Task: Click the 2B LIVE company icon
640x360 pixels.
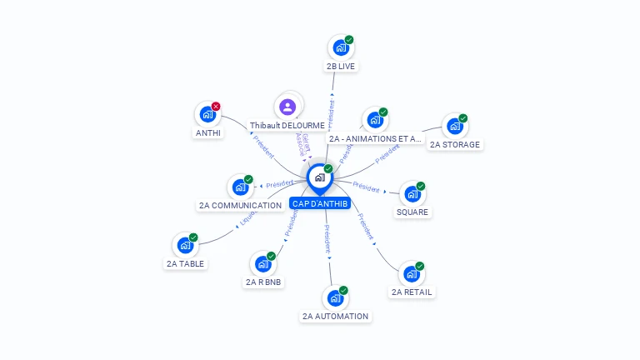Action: tap(340, 47)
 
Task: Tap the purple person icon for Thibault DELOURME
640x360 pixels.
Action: tap(287, 107)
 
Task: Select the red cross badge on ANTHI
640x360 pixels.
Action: tap(216, 107)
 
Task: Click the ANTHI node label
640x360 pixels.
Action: tap(208, 132)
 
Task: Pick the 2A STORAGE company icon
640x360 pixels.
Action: tap(454, 127)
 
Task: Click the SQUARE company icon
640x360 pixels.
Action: tap(412, 194)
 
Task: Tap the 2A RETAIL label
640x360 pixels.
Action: tap(412, 292)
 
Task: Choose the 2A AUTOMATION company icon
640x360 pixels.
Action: tap(335, 298)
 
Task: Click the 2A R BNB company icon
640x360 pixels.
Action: tap(262, 264)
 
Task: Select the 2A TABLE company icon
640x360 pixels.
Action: tap(184, 246)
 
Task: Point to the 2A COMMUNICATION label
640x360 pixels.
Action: tap(240, 205)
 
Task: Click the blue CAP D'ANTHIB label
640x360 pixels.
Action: tap(320, 203)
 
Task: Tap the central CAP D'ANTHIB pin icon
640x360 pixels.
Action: tap(319, 177)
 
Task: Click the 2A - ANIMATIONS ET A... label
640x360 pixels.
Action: tap(374, 138)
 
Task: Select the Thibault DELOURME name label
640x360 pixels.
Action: tap(287, 126)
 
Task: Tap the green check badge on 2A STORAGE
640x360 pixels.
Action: tap(463, 118)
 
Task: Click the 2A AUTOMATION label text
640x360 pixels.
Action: tap(335, 317)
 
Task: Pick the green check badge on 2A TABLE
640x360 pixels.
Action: tap(193, 237)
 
